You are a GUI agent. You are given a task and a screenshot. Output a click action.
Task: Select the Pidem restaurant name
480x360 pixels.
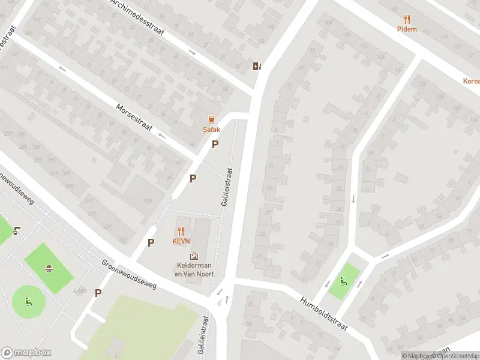pos(406,29)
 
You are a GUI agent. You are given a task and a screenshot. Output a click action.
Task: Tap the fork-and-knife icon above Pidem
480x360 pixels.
pos(407,19)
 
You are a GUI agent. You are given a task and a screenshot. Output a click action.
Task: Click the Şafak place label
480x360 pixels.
pos(211,129)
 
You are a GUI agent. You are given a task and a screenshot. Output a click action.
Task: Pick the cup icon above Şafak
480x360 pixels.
pos(211,119)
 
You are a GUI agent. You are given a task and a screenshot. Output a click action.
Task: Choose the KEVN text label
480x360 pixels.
pos(181,241)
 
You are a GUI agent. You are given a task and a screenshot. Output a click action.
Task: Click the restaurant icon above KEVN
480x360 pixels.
pos(181,230)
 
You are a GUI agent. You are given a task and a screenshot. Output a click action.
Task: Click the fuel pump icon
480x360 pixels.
pos(257,66)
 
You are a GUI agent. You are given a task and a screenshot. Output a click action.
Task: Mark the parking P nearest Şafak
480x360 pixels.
pos(215,144)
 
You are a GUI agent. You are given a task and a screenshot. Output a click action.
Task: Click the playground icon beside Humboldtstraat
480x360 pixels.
pos(344,281)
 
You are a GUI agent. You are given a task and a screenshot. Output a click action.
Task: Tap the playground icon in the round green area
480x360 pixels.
pos(28,301)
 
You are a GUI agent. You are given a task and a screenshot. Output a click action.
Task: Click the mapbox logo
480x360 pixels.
pos(26,353)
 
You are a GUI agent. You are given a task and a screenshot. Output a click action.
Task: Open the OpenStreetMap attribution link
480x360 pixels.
pos(454,356)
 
